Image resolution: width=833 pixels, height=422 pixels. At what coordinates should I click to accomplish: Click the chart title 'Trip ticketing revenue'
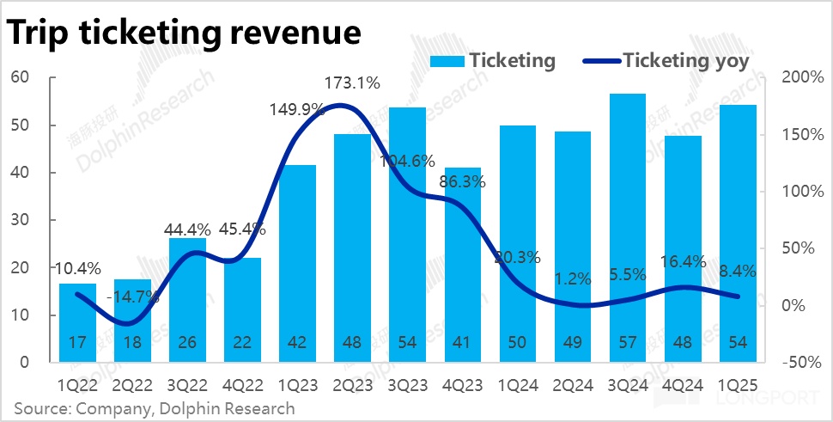point(184,33)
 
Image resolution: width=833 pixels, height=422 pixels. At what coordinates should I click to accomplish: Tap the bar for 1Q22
point(77,322)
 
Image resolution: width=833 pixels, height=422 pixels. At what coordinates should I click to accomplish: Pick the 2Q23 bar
point(351,248)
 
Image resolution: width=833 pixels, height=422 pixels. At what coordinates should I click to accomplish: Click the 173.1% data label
point(351,83)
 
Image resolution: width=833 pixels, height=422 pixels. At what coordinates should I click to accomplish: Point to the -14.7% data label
point(134,297)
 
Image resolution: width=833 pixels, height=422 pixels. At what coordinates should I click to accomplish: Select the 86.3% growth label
point(461,182)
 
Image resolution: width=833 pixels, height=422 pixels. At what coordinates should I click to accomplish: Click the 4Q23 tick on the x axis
point(462,384)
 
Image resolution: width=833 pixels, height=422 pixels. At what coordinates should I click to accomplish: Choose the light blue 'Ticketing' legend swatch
point(446,60)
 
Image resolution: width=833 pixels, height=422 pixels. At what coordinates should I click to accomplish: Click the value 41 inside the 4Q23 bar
point(462,341)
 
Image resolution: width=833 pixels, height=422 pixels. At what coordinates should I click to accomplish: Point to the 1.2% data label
point(572,278)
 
